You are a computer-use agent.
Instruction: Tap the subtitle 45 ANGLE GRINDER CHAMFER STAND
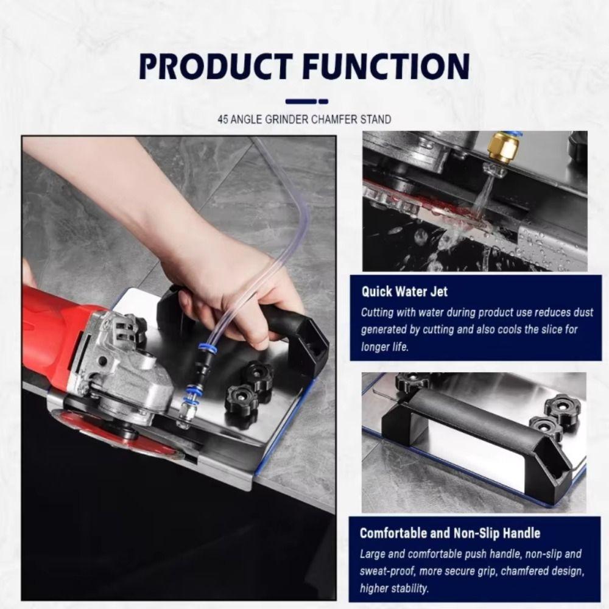pyautogui.click(x=304, y=119)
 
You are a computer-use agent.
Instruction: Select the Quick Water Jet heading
pyautogui.click(x=404, y=292)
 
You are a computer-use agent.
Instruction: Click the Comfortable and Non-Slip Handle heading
pyautogui.click(x=449, y=533)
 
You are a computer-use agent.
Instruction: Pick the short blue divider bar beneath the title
pyautogui.click(x=306, y=101)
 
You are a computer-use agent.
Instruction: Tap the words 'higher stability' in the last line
pyautogui.click(x=394, y=588)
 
